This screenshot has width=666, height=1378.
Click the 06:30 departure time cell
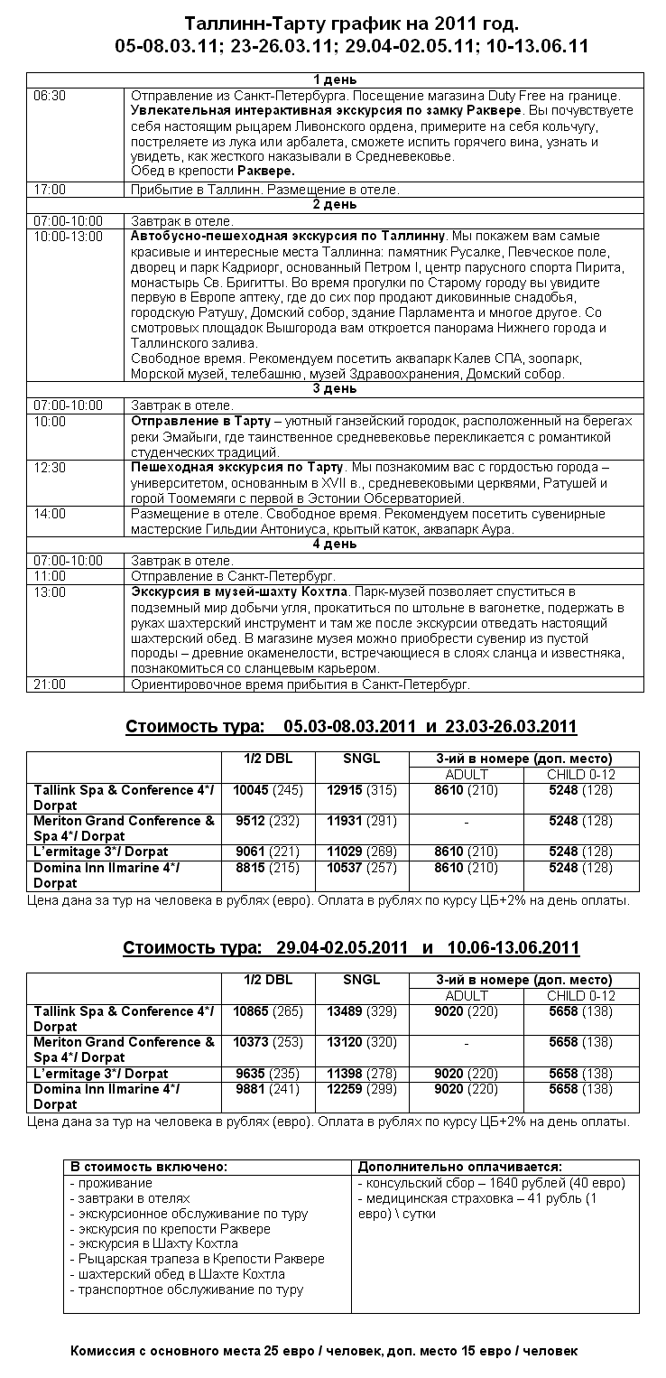point(50,95)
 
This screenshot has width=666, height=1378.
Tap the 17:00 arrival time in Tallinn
point(50,190)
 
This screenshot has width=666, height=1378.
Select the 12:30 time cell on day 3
point(50,468)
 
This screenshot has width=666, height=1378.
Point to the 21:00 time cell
point(50,684)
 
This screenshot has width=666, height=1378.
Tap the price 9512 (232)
point(268,821)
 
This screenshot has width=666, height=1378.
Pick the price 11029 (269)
point(362,852)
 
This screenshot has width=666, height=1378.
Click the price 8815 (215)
point(268,868)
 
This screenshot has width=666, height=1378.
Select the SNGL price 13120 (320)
point(362,1042)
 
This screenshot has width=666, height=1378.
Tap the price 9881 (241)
point(268,1089)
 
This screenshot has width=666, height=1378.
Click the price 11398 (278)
point(362,1073)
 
